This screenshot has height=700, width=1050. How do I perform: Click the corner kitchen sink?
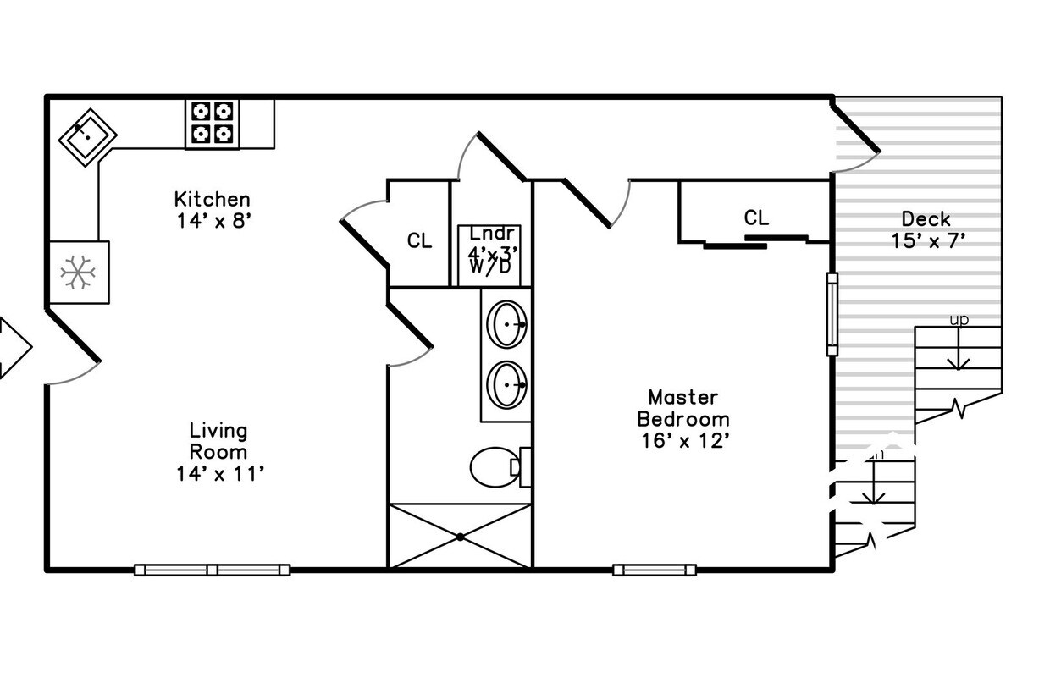[87, 135]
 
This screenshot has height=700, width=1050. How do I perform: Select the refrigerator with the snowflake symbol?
[79, 273]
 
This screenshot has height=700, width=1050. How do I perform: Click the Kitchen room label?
[212, 200]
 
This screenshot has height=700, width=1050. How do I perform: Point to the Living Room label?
[218, 441]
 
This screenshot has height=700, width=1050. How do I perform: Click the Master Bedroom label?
[682, 408]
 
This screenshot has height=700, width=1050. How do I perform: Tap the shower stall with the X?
[460, 537]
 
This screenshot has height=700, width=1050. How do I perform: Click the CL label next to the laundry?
[419, 241]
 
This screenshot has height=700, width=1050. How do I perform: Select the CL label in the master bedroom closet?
[756, 218]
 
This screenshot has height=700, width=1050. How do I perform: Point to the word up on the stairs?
[959, 320]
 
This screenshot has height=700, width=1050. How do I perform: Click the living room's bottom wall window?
[213, 570]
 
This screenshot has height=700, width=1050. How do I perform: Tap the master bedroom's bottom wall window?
[655, 570]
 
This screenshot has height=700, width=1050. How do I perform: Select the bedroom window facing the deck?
[832, 314]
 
